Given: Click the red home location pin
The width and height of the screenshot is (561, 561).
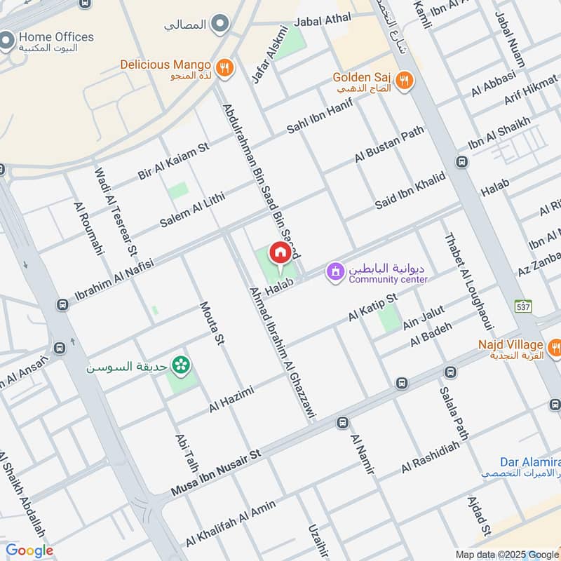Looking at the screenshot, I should [280, 253].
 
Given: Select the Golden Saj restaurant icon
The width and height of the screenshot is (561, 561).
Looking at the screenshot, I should [404, 80].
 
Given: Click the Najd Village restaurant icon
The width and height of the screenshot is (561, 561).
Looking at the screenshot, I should [554, 346].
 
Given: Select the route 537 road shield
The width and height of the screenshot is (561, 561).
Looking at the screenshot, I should [522, 306].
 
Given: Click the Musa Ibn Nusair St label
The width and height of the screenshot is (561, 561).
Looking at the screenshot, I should [217, 475].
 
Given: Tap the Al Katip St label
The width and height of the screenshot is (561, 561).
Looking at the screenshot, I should [372, 308].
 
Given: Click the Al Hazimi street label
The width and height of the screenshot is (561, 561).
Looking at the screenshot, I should [230, 398].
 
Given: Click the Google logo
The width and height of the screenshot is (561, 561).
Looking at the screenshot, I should [29, 551].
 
